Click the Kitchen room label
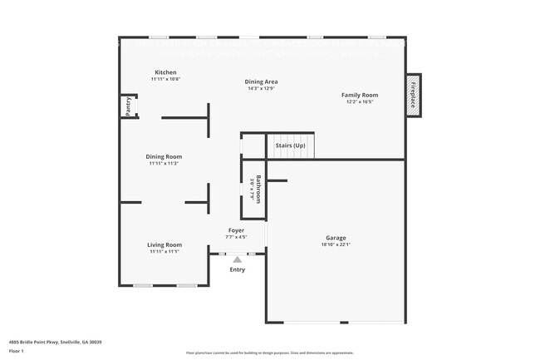(x=165, y=73)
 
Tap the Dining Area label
(x=261, y=81)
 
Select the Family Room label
(x=361, y=95)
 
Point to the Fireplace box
(x=413, y=95)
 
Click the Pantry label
(x=128, y=106)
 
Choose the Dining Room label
(x=164, y=156)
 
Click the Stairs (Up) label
(x=290, y=145)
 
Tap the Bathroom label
(x=258, y=188)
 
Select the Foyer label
(x=237, y=229)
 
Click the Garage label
(x=336, y=238)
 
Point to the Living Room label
(x=164, y=244)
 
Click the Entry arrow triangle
(x=237, y=259)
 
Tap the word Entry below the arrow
(x=237, y=269)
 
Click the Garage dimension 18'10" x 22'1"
(x=336, y=244)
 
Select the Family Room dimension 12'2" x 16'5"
(x=361, y=101)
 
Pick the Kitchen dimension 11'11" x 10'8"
(x=165, y=79)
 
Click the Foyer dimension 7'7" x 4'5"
(x=237, y=236)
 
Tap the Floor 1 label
(x=16, y=352)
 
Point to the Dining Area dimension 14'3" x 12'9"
(x=261, y=88)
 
